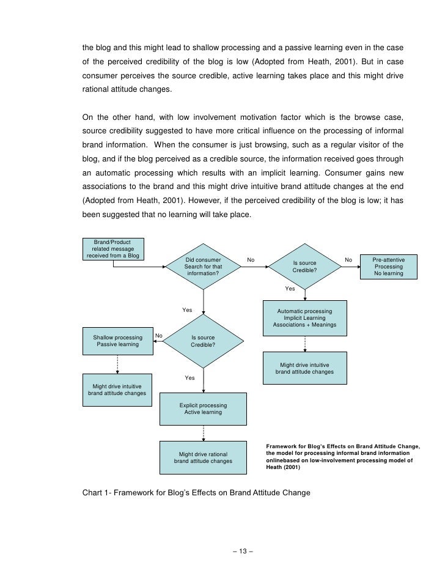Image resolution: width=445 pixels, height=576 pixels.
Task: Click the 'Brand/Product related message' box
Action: tap(113, 249)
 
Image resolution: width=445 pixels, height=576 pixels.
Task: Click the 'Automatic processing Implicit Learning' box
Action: tap(304, 317)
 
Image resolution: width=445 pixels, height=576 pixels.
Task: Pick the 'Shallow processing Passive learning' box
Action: tap(117, 341)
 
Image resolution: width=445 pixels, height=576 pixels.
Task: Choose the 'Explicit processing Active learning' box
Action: tap(203, 408)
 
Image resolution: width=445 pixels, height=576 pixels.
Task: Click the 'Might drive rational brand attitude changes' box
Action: tap(203, 457)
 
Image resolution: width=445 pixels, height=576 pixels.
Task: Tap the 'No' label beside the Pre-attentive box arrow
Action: tap(348, 260)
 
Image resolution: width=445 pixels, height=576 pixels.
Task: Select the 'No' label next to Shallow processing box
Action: tap(159, 335)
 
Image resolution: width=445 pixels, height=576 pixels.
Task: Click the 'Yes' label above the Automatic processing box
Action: tap(290, 289)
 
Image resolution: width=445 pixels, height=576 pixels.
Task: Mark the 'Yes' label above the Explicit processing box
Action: tap(189, 378)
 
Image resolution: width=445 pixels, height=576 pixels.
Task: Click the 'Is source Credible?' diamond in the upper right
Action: tap(304, 267)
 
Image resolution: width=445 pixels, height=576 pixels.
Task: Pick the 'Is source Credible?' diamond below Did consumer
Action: tap(203, 341)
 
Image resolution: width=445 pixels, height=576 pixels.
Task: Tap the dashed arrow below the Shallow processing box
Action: tap(117, 365)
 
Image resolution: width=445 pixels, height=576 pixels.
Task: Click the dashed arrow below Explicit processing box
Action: tap(203, 433)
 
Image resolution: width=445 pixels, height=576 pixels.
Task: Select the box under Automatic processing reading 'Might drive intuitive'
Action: tap(304, 368)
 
